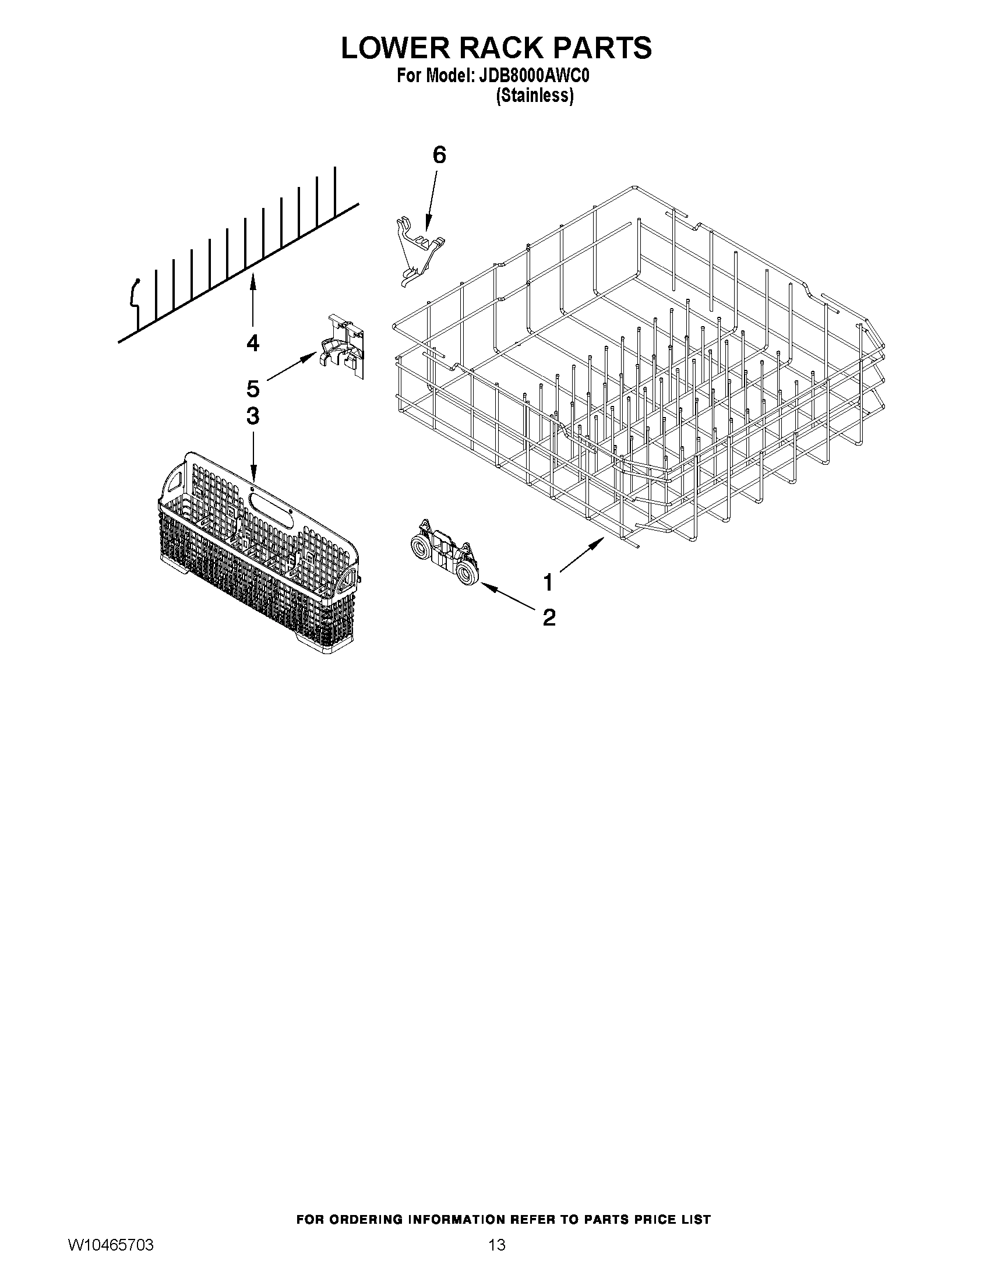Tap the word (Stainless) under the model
[x=534, y=95]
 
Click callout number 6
[x=439, y=155]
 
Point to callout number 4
[x=252, y=343]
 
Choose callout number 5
[x=252, y=389]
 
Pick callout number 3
[x=252, y=416]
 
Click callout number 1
[x=548, y=583]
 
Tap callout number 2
[x=549, y=617]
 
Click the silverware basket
[x=258, y=552]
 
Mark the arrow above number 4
[x=252, y=302]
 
